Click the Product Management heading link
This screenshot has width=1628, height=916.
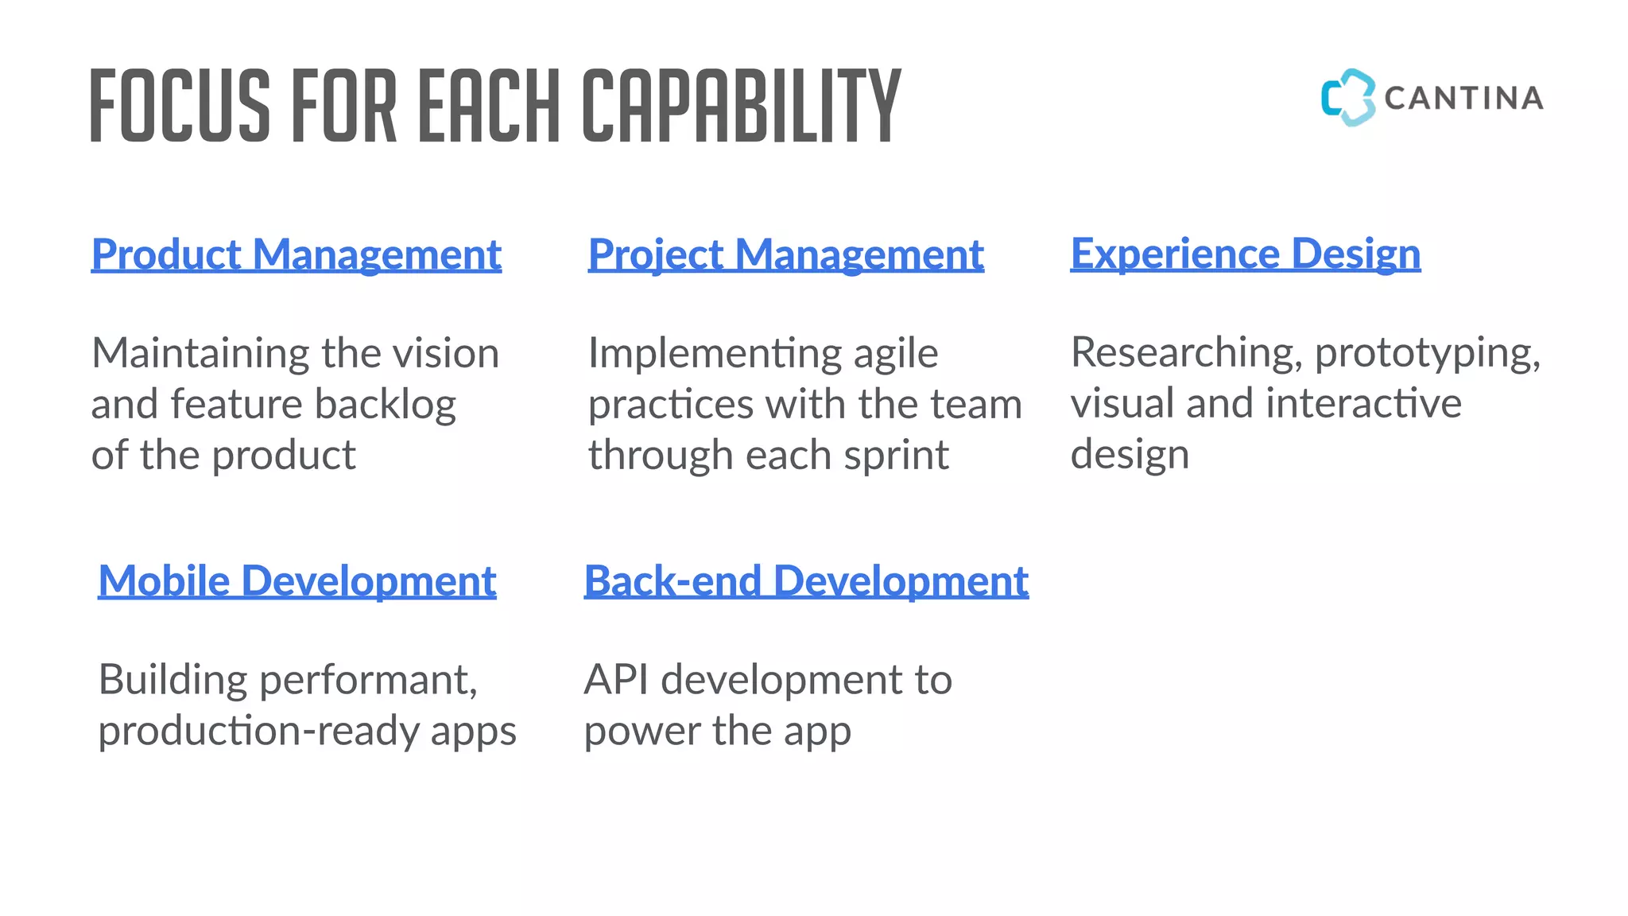click(296, 255)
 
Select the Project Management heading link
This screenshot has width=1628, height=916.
click(785, 255)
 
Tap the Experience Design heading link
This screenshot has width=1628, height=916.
click(1245, 254)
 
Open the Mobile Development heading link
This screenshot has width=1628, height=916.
click(297, 581)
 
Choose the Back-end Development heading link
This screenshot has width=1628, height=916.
click(806, 581)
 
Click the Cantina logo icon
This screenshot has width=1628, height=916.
click(1347, 98)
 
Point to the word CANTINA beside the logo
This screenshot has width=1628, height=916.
click(1463, 99)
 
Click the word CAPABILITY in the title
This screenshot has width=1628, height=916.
click(741, 106)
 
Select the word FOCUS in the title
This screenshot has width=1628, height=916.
click(180, 106)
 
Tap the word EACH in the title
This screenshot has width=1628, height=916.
click(489, 106)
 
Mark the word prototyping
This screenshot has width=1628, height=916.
click(1427, 353)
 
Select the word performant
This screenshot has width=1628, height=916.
click(368, 681)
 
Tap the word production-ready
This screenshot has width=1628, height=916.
click(258, 732)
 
